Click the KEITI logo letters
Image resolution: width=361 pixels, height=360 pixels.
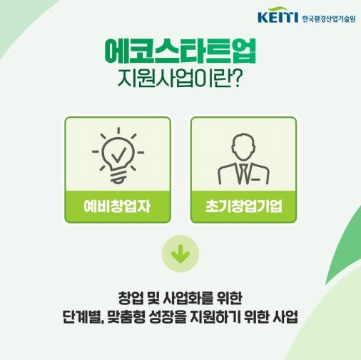tap(278, 16)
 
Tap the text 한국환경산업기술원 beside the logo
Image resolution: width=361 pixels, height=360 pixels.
tap(329, 19)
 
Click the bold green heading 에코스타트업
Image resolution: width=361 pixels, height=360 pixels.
tap(180, 51)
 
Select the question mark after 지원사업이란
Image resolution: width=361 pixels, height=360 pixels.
tap(236, 79)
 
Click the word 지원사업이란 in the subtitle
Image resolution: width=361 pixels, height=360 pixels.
tap(175, 79)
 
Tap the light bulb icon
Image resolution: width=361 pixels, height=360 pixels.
tap(118, 156)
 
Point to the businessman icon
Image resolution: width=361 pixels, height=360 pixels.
tap(243, 159)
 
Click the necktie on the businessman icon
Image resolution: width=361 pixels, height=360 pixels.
tap(243, 174)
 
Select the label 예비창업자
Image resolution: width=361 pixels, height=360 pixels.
tap(117, 206)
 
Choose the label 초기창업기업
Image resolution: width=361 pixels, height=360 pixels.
tap(244, 206)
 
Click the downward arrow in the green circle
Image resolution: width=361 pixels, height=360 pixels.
tap(180, 254)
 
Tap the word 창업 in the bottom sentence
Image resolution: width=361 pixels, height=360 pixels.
tap(131, 298)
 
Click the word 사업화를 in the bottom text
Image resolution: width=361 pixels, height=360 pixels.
tap(188, 298)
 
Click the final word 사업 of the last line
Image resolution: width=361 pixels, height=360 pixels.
tap(285, 317)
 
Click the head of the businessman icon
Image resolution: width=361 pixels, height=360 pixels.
tap(243, 146)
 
